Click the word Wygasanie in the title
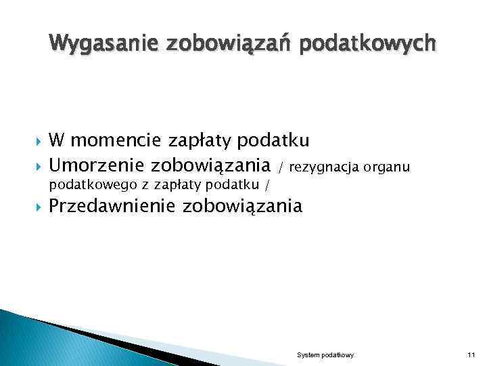pyautogui.click(x=94, y=44)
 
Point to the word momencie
pyautogui.click(x=114, y=141)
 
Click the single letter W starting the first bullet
pyautogui.click(x=57, y=141)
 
